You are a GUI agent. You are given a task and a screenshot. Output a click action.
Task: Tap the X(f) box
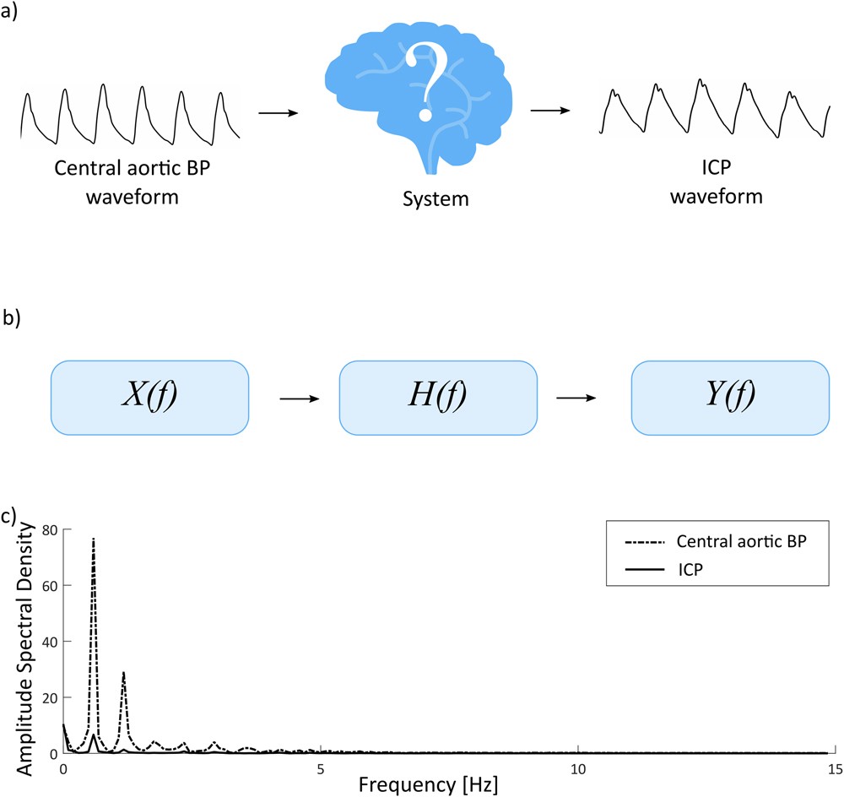pos(150,396)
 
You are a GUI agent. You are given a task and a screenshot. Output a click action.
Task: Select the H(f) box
pos(437,396)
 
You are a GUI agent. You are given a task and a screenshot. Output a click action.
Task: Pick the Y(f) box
pos(730,396)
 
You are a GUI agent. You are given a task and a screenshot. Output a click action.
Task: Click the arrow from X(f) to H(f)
pos(294,397)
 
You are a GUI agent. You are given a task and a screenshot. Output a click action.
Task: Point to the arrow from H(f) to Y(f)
pos(584,397)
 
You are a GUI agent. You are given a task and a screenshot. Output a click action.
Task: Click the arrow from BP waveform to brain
pos(279,111)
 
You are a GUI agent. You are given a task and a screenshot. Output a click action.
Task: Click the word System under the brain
pos(430,201)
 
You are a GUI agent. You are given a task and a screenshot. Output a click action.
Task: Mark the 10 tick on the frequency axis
pos(577,769)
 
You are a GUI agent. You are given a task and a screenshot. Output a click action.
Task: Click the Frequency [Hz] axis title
pos(430,785)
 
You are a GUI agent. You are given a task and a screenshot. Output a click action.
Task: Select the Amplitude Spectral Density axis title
pos(26,648)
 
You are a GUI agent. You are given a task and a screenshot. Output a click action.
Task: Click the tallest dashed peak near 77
pos(94,539)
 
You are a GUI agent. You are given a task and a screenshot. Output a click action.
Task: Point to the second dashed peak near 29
pos(124,673)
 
